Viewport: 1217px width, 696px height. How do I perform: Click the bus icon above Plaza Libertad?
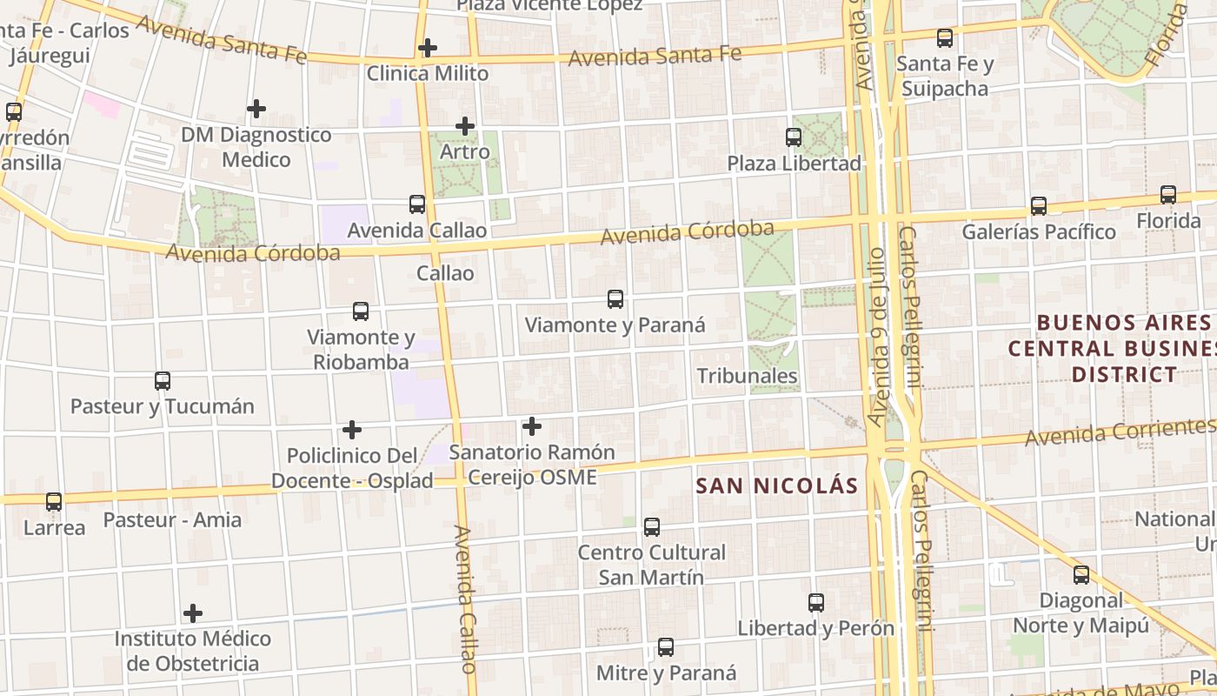pos(793,137)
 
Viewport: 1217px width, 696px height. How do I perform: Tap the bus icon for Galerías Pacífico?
pos(1038,206)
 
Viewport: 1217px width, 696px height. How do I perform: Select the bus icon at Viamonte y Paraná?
pos(615,299)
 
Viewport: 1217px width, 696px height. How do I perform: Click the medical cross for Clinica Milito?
pos(427,48)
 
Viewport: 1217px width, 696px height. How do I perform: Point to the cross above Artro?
pos(465,126)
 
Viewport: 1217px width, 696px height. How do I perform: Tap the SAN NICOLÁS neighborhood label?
pos(776,486)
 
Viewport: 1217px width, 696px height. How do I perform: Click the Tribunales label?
pos(747,376)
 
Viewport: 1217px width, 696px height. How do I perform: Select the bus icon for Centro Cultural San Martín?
pos(652,527)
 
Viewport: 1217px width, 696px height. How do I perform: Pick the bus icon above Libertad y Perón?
pos(815,603)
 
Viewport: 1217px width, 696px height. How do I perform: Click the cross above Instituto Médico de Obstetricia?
pos(193,613)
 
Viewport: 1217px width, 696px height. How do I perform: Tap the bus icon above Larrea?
pos(54,502)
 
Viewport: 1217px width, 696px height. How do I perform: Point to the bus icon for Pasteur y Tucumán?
pos(163,381)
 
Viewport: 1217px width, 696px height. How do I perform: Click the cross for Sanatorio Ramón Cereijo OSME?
pos(532,426)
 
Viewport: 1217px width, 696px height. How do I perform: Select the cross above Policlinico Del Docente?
pos(352,430)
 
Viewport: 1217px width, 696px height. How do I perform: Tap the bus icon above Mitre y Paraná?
pos(666,647)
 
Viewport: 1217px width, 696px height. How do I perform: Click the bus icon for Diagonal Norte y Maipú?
pos(1081,575)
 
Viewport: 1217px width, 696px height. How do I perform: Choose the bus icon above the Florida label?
pos(1167,195)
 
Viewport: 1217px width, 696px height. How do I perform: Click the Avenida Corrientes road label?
pos(1120,432)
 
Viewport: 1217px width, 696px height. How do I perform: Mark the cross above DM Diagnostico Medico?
pos(256,109)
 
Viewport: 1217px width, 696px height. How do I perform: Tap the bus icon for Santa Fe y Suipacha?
pos(945,38)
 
